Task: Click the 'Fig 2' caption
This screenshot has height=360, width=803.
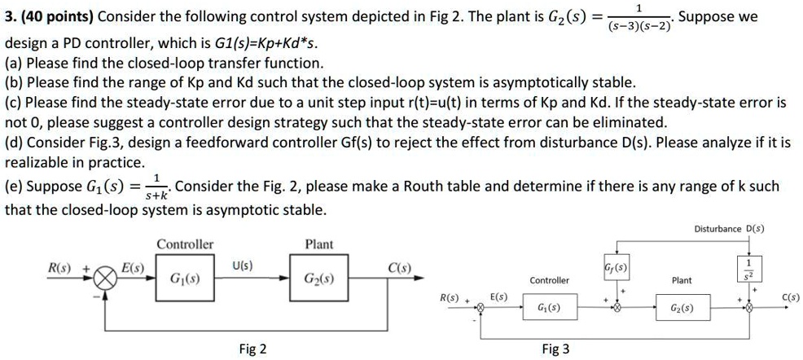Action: (252, 349)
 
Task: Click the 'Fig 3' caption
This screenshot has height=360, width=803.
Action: (555, 349)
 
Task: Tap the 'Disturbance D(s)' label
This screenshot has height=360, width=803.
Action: (729, 229)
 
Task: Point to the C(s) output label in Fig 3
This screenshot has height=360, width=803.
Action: (789, 298)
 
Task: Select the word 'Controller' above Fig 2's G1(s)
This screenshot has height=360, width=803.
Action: (185, 244)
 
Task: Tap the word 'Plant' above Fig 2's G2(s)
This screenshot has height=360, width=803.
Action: (318, 244)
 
